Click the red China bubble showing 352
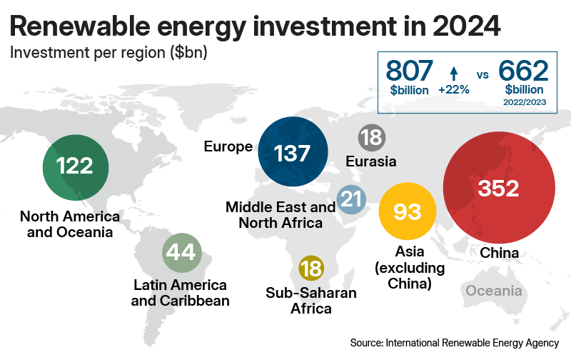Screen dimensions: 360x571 tap(490, 188)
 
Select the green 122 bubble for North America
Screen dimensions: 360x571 tap(76, 166)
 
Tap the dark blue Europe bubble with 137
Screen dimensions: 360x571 tap(293, 152)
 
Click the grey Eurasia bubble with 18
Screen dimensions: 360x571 tap(371, 136)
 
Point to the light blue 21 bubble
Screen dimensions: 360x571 tap(351, 200)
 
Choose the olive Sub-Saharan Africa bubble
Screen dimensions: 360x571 tap(311, 269)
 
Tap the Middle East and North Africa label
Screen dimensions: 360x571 tap(281, 215)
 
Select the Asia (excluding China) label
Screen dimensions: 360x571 tap(410, 268)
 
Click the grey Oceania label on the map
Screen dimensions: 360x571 tap(493, 291)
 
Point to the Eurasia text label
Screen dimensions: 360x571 tap(370, 161)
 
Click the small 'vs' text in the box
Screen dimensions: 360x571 tap(482, 74)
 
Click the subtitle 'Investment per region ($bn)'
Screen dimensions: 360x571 tap(108, 52)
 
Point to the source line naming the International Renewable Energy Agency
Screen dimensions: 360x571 tap(454, 344)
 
